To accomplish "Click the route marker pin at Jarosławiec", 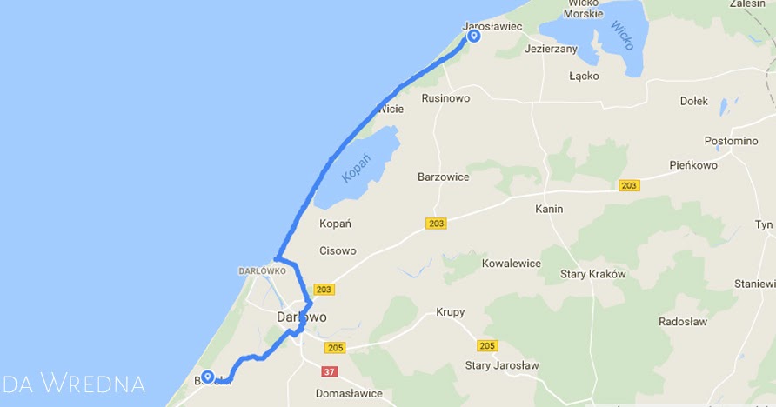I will pyautogui.click(x=474, y=37).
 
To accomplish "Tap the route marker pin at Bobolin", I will pyautogui.click(x=208, y=377).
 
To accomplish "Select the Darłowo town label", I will pyautogui.click(x=302, y=317).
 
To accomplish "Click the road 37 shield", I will pyautogui.click(x=329, y=372).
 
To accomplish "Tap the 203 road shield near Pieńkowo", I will pyautogui.click(x=629, y=185).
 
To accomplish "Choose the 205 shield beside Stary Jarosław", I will pyautogui.click(x=487, y=346).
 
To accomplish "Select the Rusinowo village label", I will pyautogui.click(x=445, y=98).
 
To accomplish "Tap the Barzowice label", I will pyautogui.click(x=443, y=177).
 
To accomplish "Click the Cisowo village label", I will pyautogui.click(x=338, y=251).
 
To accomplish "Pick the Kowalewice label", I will pyautogui.click(x=512, y=264).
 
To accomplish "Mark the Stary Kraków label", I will pyautogui.click(x=594, y=274).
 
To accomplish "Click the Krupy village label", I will pyautogui.click(x=451, y=312).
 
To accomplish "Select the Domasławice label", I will pyautogui.click(x=350, y=393).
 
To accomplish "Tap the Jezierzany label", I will pyautogui.click(x=551, y=50).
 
